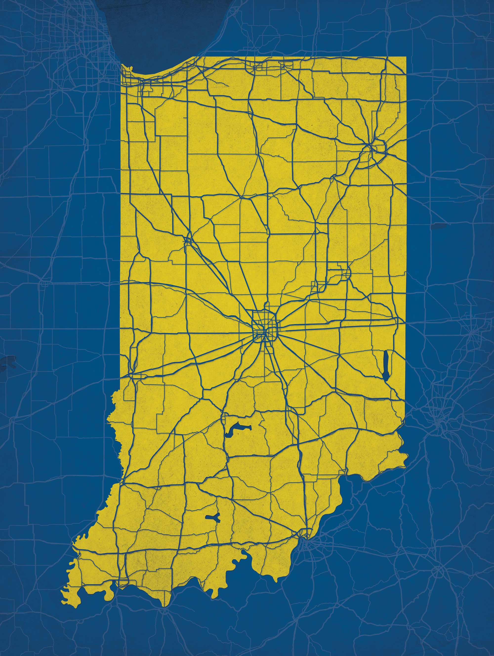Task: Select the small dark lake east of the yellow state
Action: pyautogui.click(x=438, y=226)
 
